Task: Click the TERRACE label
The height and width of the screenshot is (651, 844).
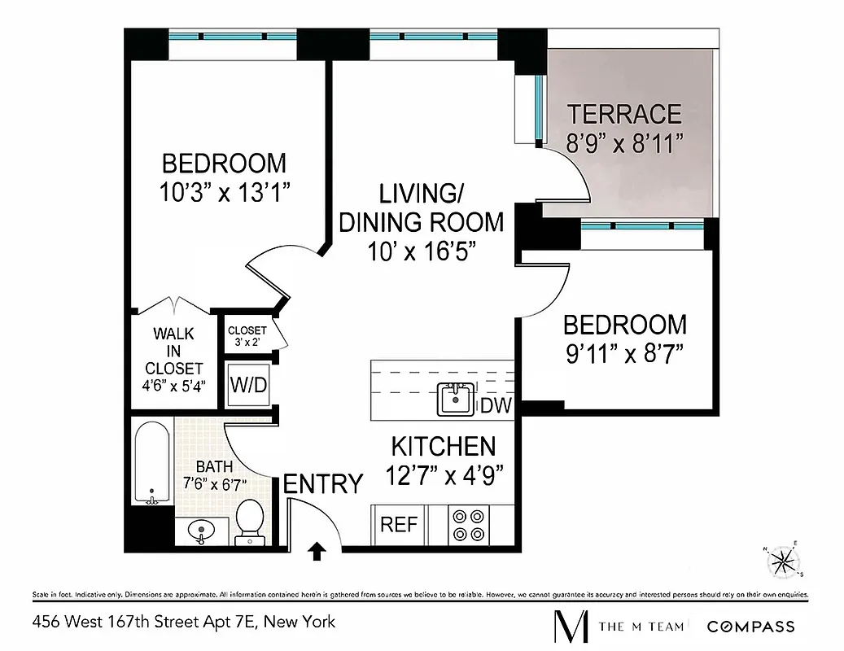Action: point(624,113)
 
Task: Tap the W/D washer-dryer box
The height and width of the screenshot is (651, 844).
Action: point(247,384)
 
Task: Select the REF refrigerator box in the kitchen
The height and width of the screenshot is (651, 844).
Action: point(399,525)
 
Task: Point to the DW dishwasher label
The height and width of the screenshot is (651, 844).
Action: point(496,406)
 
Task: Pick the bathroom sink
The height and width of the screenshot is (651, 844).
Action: point(199,531)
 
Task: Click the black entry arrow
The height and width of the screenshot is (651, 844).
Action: point(317,553)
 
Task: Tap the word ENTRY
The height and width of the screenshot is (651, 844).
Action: point(322,484)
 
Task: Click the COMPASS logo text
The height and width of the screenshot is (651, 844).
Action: point(750,626)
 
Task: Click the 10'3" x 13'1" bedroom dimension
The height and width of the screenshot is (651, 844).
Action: point(225,192)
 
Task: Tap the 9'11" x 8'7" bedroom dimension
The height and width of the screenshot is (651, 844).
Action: point(624,354)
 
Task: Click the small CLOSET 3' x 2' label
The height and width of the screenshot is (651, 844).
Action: point(247,335)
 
